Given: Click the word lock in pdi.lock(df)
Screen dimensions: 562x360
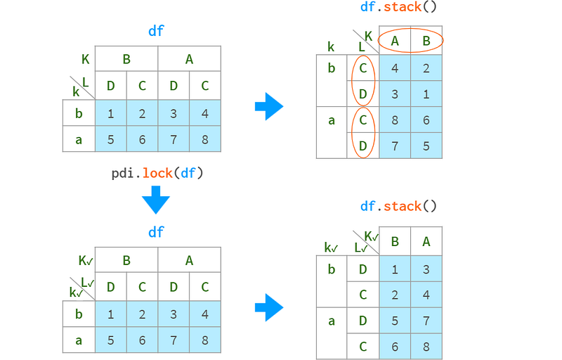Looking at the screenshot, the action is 157,174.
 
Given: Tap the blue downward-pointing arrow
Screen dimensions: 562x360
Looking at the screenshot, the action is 155,200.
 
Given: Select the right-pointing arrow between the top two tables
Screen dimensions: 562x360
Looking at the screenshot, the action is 269,106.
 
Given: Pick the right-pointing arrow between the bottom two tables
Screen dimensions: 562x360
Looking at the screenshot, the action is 269,307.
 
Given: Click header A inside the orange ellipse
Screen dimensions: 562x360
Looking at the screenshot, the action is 395,41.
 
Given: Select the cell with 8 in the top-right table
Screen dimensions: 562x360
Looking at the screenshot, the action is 395,120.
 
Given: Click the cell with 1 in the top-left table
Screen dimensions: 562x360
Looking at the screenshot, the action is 111,113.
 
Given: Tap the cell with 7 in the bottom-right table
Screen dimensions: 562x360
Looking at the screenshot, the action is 426,321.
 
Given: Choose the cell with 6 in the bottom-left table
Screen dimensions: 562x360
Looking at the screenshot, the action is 143,340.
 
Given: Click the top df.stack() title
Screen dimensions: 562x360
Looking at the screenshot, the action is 398,7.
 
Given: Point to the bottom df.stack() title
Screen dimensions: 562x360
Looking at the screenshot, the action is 398,207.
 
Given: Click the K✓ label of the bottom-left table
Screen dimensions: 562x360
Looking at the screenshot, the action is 86,261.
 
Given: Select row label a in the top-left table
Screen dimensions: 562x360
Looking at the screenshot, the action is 79,139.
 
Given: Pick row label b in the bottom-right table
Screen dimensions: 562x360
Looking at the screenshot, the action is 332,269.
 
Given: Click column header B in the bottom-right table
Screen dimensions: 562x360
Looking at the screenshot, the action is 395,242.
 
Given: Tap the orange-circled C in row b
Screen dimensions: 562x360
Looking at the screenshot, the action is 363,68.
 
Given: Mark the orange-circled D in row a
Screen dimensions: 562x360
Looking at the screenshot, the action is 363,146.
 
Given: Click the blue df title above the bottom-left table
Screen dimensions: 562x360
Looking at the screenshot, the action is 156,232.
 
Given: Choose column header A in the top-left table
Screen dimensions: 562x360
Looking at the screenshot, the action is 189,59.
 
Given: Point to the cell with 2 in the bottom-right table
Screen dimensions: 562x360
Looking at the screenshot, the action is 395,295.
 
